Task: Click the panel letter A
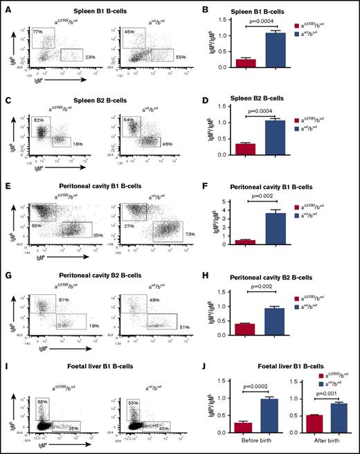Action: click(6, 5)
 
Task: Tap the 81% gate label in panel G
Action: click(63, 299)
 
